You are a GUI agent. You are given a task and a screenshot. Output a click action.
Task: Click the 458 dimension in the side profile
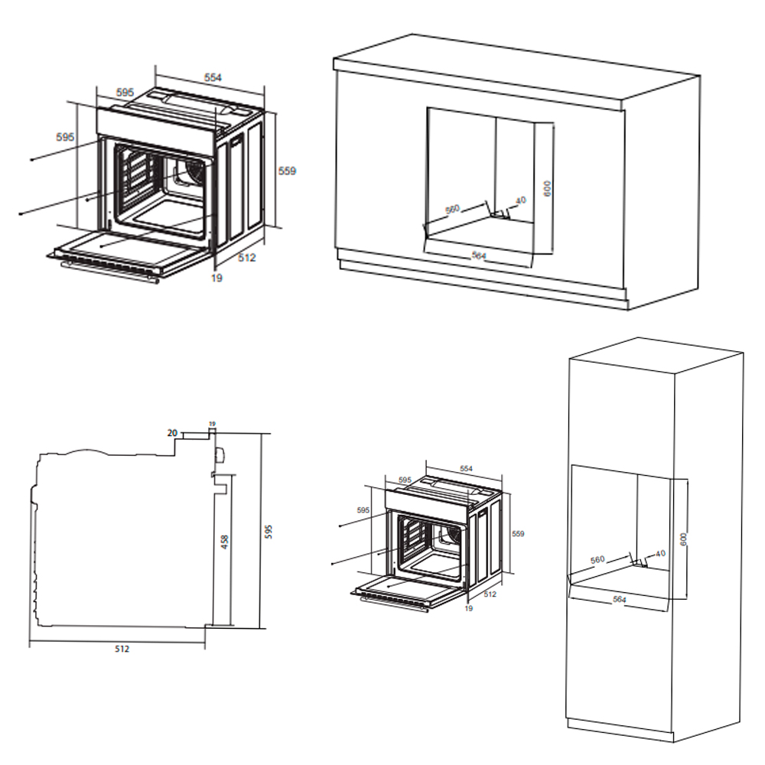pyautogui.click(x=224, y=542)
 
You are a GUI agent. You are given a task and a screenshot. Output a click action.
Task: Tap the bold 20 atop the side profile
pyautogui.click(x=172, y=433)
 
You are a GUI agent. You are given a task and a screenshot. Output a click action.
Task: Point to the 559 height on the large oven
pyautogui.click(x=287, y=171)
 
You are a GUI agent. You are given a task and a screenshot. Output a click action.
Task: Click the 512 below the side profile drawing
pyautogui.click(x=122, y=649)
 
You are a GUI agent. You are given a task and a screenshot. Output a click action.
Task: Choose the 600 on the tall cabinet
pyautogui.click(x=685, y=539)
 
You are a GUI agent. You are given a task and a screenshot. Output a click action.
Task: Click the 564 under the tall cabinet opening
pyautogui.click(x=620, y=600)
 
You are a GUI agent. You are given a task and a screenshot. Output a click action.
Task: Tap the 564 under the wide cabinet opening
pyautogui.click(x=479, y=256)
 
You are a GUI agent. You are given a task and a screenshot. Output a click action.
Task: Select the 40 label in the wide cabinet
pyautogui.click(x=521, y=201)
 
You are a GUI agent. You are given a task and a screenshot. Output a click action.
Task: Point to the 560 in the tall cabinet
pyautogui.click(x=597, y=559)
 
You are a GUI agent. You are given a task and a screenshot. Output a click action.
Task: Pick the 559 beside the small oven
pyautogui.click(x=518, y=534)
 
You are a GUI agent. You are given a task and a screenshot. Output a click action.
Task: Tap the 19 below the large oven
pyautogui.click(x=216, y=278)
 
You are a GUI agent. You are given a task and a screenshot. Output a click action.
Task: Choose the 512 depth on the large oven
pyautogui.click(x=246, y=259)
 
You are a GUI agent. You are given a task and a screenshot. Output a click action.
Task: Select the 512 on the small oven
pyautogui.click(x=490, y=594)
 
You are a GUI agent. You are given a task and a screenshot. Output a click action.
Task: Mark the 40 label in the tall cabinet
pyautogui.click(x=660, y=553)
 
